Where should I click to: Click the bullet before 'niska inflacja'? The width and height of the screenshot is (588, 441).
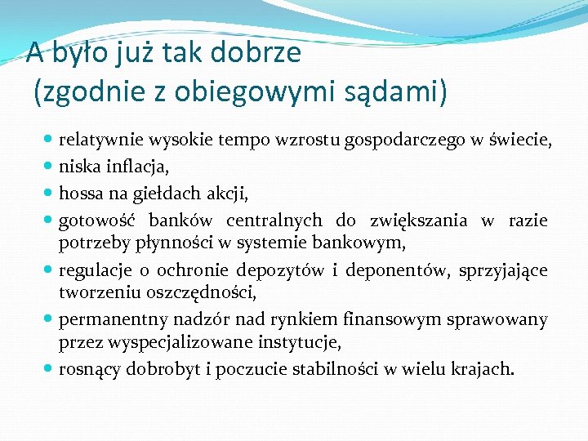tap(50, 168)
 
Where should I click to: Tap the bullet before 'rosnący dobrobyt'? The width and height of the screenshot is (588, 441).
tap(50, 368)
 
